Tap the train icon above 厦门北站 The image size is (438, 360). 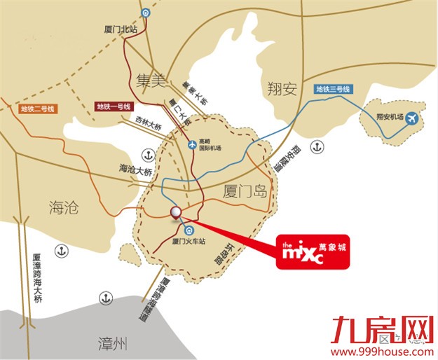tap(144, 13)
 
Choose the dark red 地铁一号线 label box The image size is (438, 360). tap(114, 106)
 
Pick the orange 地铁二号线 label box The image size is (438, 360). tap(38, 109)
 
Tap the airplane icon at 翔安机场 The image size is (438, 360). tap(411, 117)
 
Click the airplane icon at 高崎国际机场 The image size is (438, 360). tap(193, 144)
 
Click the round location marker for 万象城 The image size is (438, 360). tap(176, 213)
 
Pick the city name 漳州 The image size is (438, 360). tap(112, 343)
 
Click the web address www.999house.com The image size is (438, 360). tap(381, 352)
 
